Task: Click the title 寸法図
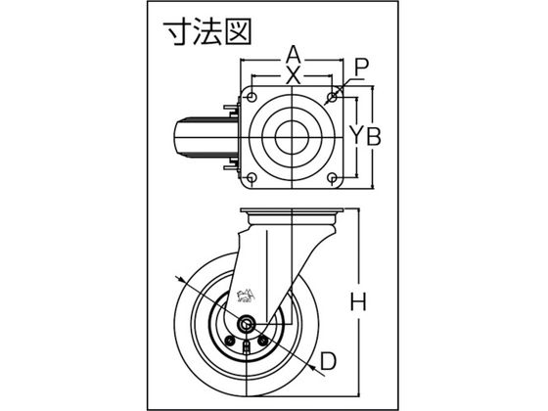208,32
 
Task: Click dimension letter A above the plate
294,54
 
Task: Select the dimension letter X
293,76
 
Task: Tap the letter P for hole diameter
361,68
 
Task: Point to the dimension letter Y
356,136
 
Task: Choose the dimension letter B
373,136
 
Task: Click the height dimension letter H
358,302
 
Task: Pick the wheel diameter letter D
328,361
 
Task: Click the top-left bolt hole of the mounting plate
251,96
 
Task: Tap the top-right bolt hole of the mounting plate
332,96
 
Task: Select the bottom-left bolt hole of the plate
251,178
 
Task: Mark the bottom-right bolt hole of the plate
332,178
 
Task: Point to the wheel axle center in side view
247,325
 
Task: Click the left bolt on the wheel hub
229,340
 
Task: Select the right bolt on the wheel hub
264,340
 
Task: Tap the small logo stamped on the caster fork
247,296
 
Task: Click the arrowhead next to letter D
313,367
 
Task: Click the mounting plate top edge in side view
293,209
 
